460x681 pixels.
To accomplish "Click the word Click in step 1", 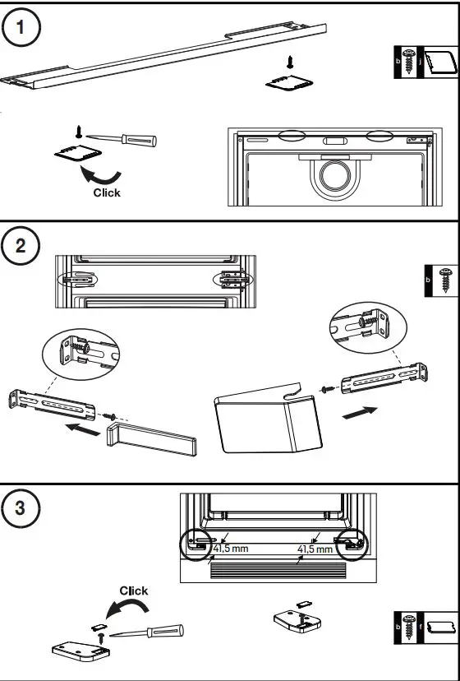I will pos(106,192).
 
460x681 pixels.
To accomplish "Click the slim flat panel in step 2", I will pos(152,438).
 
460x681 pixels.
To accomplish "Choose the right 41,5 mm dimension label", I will pos(315,549).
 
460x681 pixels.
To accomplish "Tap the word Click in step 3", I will pos(134,591).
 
